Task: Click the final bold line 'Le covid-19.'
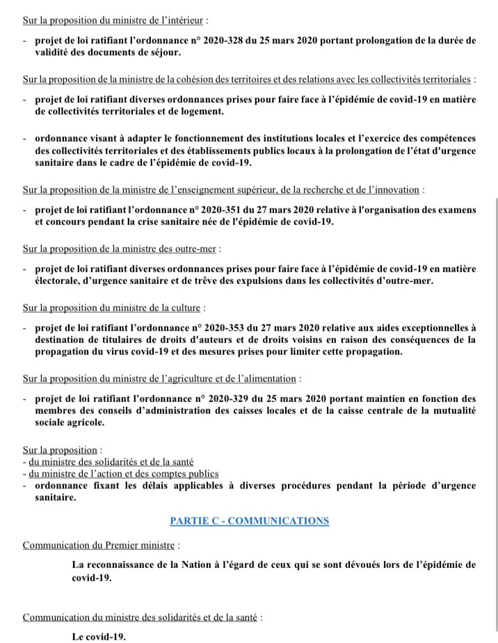(x=99, y=637)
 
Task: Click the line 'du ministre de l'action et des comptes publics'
(x=120, y=474)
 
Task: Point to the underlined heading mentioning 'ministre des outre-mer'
(x=122, y=249)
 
